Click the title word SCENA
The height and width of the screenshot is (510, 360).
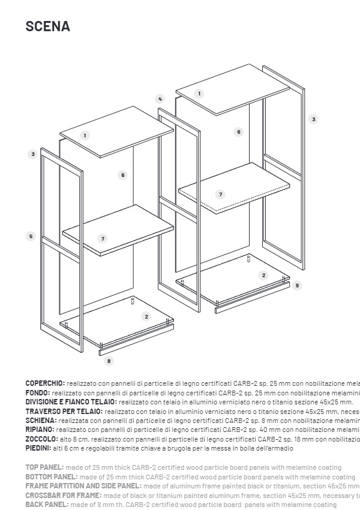click(x=47, y=26)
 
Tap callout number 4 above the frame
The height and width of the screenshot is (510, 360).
click(x=160, y=99)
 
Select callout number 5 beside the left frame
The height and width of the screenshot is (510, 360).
click(x=31, y=236)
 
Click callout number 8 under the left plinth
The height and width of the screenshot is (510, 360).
click(x=109, y=361)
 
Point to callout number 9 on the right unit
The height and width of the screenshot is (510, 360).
click(x=297, y=286)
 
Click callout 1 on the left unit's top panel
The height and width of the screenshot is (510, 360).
click(x=85, y=136)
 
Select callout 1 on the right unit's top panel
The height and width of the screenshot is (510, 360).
click(x=199, y=94)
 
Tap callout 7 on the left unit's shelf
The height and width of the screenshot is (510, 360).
click(x=103, y=239)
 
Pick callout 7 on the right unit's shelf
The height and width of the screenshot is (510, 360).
click(x=220, y=194)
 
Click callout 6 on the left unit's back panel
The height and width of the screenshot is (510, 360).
click(x=122, y=175)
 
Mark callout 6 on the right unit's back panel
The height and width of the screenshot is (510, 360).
click(x=238, y=132)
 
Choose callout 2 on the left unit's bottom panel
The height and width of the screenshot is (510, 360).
click(x=146, y=316)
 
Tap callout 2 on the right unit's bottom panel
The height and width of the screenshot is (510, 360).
click(x=263, y=275)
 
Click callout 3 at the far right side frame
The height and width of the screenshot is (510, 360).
click(x=313, y=119)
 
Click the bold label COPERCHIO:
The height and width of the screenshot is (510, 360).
click(x=45, y=383)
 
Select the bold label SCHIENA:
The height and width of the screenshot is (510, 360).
click(x=41, y=421)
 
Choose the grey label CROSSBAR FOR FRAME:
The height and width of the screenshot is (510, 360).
click(x=63, y=496)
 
